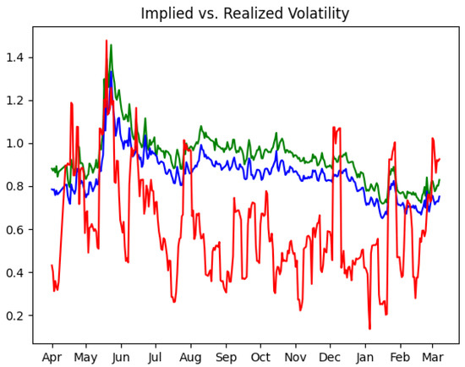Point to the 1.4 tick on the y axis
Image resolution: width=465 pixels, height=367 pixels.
tap(17, 58)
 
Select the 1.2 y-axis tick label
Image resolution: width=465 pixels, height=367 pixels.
tap(17, 101)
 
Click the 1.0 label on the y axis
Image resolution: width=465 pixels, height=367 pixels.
tap(17, 144)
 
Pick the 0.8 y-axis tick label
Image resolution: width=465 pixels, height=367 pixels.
tap(17, 187)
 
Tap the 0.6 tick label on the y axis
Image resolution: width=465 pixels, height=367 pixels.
tap(17, 230)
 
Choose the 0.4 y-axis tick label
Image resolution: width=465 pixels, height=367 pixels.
tap(17, 273)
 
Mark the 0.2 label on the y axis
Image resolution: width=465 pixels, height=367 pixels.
tap(17, 316)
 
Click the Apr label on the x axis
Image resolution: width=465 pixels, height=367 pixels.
tap(52, 358)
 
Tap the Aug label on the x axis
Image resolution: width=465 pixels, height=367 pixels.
tap(191, 358)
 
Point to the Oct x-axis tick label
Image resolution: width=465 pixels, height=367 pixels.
tap(261, 358)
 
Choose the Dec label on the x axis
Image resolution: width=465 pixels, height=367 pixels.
tap(331, 358)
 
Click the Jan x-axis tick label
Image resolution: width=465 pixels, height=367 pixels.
tap(365, 358)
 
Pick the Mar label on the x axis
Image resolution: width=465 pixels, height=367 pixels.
tap(433, 358)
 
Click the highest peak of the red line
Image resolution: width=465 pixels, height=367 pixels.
tap(107, 41)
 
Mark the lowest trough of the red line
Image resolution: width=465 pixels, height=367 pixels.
tap(369, 328)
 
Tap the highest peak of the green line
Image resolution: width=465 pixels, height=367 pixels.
tap(111, 46)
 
